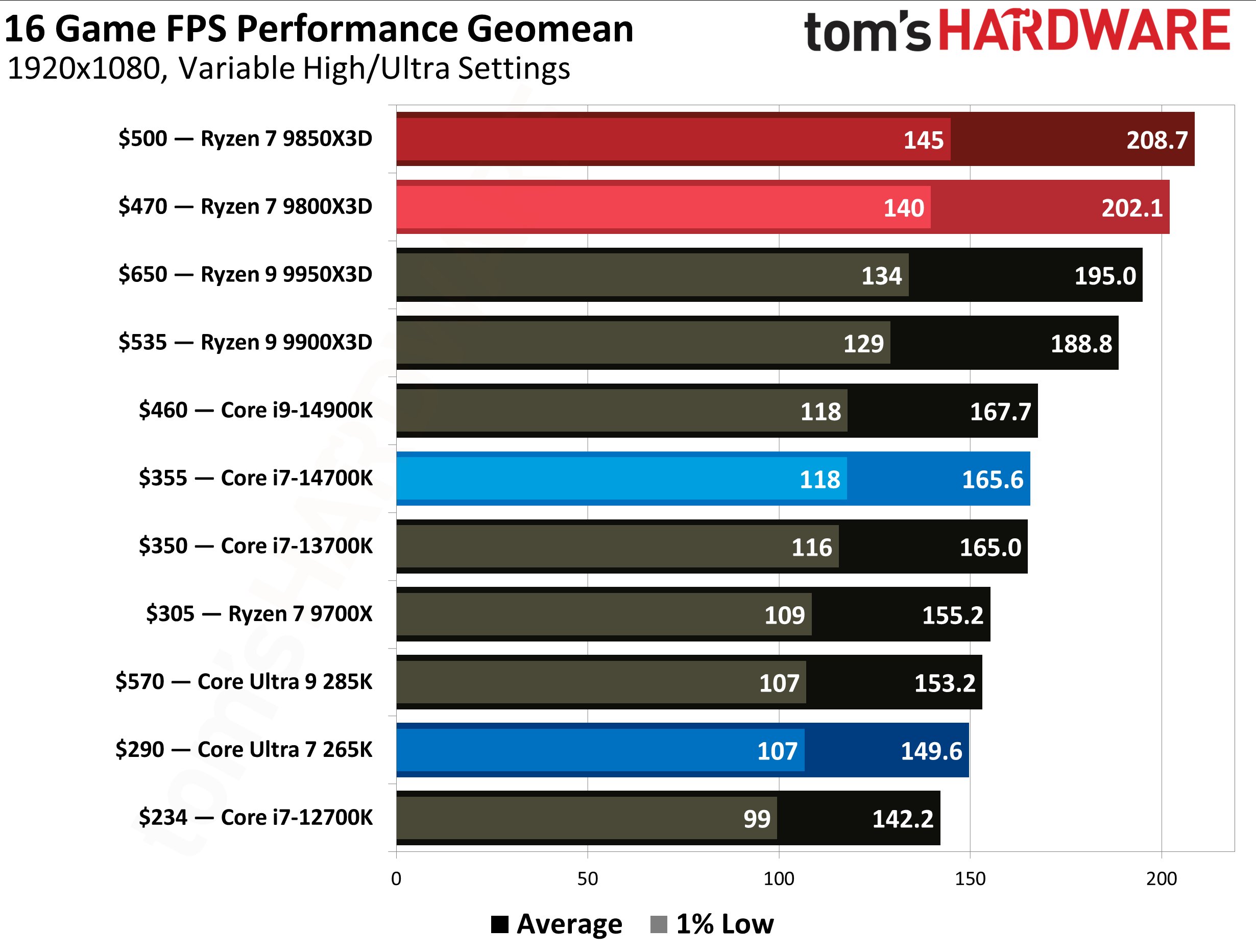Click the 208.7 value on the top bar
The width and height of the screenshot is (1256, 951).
coord(1156,140)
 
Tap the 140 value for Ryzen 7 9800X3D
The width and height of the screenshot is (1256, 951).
coord(903,208)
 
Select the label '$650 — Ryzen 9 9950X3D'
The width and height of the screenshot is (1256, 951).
coord(245,274)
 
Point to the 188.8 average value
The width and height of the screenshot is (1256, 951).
coord(1080,344)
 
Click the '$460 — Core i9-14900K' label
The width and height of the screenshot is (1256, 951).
coord(255,410)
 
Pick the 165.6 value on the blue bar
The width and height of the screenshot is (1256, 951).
coord(992,480)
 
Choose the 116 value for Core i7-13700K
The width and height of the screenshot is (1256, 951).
coord(811,548)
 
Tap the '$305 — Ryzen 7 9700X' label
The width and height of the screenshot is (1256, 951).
coord(259,614)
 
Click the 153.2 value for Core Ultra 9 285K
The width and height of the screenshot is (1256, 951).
coord(944,683)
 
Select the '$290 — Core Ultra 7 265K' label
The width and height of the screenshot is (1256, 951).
coord(244,750)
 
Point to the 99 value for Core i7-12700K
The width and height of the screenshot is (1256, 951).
coord(757,819)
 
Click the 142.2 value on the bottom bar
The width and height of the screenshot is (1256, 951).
coord(902,819)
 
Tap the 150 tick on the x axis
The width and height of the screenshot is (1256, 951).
coord(970,879)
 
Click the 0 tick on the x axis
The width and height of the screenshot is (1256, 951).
coord(396,879)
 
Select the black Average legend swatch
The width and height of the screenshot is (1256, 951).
coord(500,924)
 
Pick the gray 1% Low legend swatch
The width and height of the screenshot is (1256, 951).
coord(658,924)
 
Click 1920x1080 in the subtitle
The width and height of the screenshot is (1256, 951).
coord(84,69)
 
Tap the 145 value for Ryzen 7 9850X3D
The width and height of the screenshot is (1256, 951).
coord(923,140)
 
